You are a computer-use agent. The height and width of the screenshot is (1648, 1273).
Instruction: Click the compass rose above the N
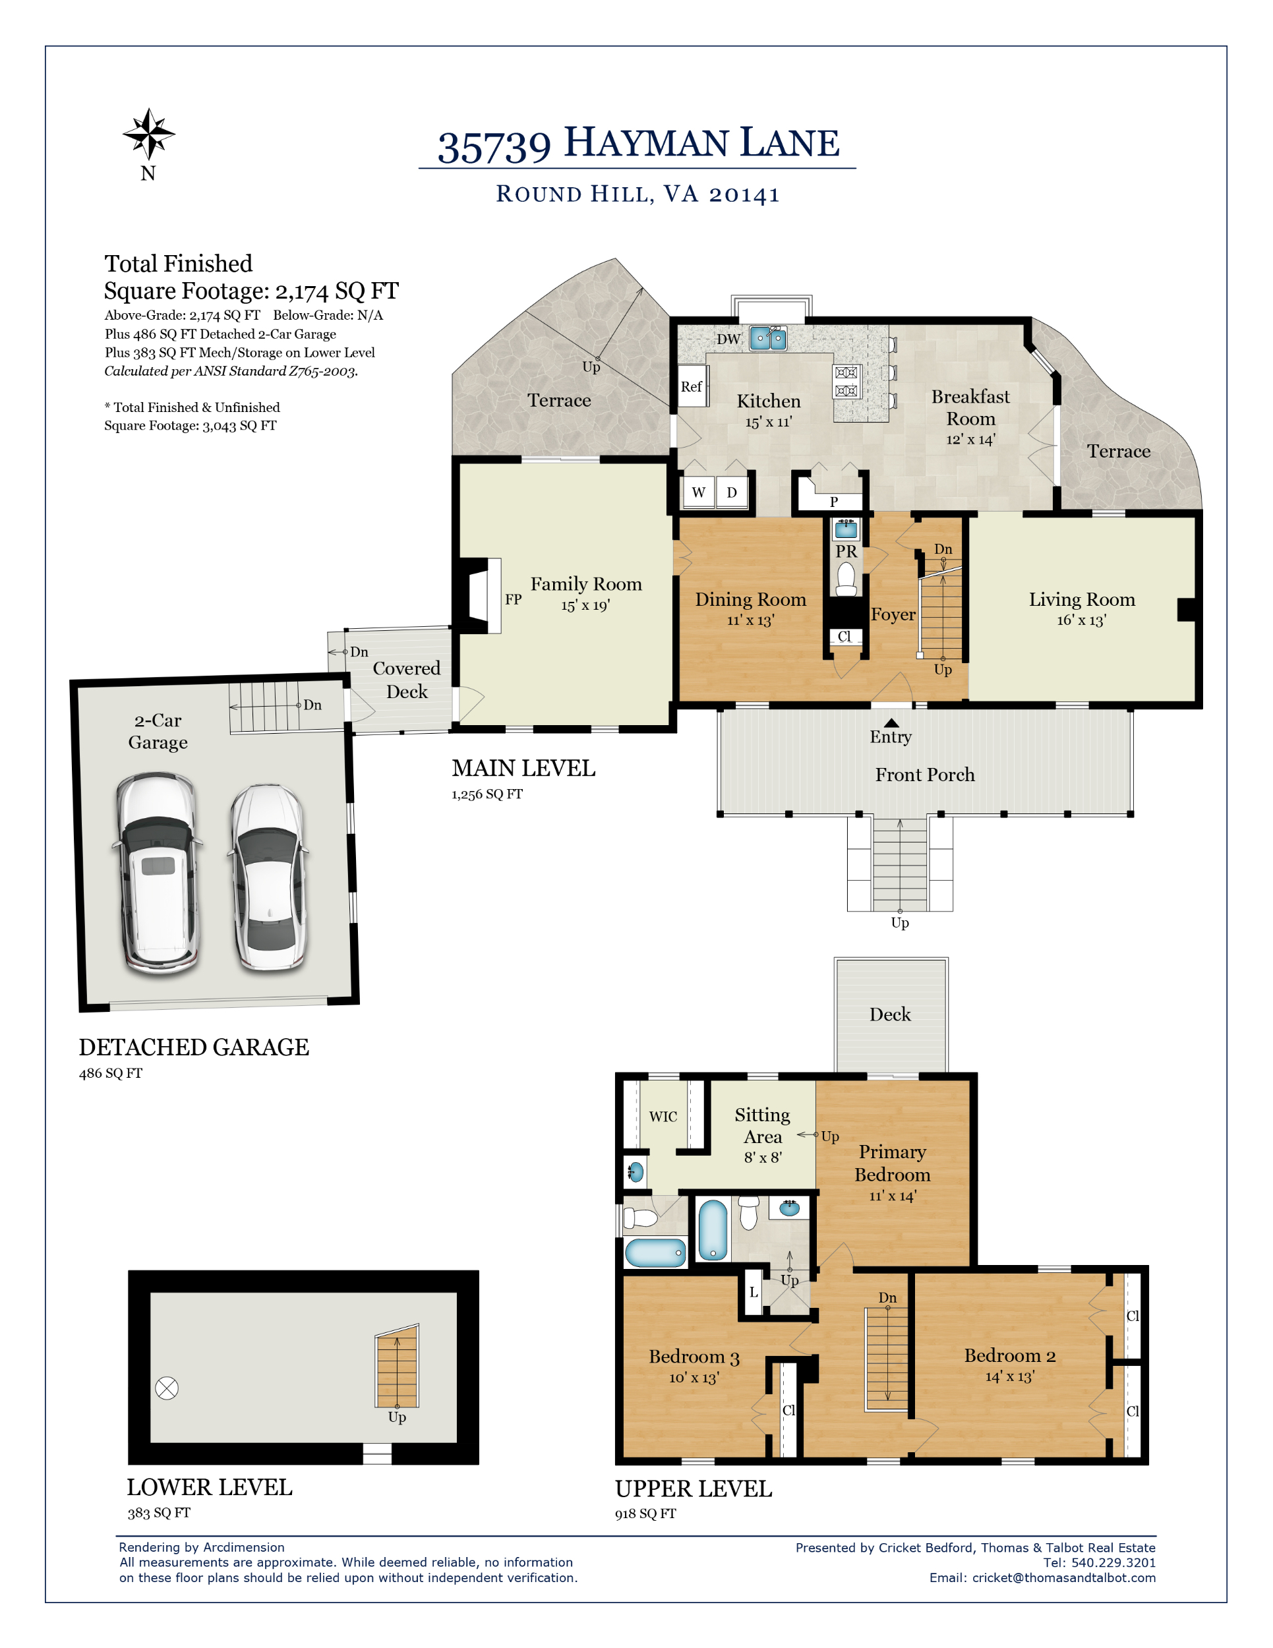(x=148, y=134)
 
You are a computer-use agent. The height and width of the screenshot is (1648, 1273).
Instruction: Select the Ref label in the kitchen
(x=691, y=386)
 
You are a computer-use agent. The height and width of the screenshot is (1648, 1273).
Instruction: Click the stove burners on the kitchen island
(x=846, y=381)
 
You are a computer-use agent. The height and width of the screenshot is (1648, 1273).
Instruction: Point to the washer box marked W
(x=699, y=492)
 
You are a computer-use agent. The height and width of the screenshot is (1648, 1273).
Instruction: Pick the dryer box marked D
(x=732, y=492)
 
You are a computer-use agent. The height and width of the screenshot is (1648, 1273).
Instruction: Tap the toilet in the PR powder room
(x=846, y=579)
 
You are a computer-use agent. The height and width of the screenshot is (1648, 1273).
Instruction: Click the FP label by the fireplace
(x=513, y=599)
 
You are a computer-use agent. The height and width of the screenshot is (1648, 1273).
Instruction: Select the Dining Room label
(x=751, y=599)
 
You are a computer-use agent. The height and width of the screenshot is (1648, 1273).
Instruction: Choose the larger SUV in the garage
(x=158, y=872)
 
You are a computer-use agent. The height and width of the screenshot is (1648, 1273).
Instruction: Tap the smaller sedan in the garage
(x=268, y=877)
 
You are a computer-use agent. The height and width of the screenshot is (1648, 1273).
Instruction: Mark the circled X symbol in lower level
(x=167, y=1388)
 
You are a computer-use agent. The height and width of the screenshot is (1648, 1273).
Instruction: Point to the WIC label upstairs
(x=663, y=1117)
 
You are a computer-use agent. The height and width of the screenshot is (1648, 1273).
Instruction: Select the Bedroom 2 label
(x=1010, y=1355)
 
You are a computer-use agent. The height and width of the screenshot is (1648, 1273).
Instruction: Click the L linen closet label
(x=753, y=1292)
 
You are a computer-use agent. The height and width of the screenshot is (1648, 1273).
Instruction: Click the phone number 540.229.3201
(x=1113, y=1562)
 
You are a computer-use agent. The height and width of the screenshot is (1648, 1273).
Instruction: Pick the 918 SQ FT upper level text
(x=645, y=1513)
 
